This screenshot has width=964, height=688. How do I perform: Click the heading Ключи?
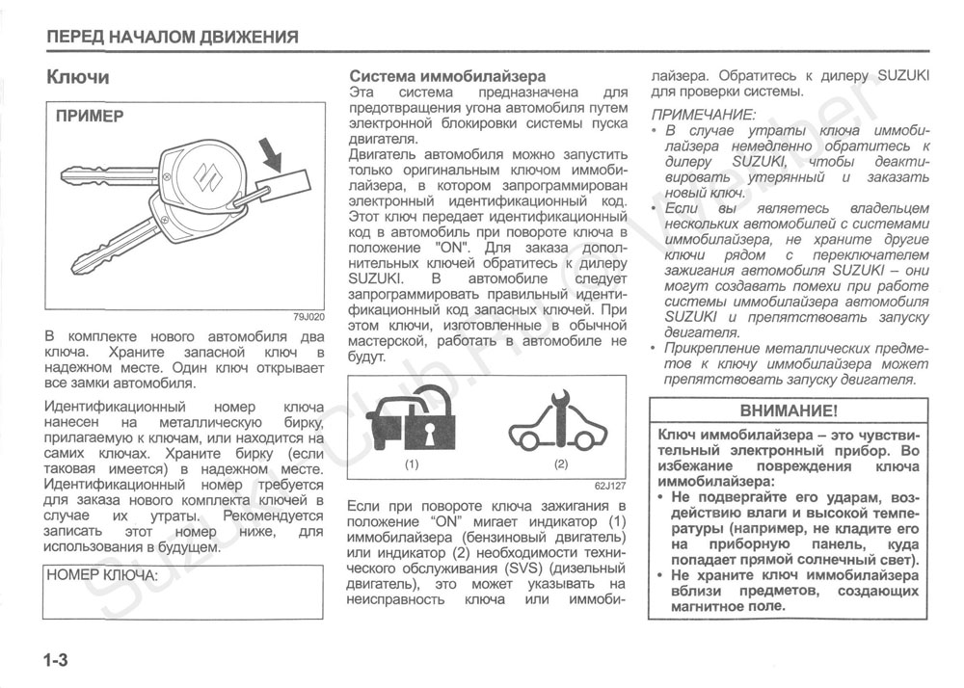point(78,77)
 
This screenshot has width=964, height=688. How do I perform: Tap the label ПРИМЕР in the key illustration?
point(89,117)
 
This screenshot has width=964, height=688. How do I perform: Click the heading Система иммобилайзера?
point(447,75)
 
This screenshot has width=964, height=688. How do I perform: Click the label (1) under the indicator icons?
point(412,464)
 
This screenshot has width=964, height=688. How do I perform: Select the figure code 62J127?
point(611,486)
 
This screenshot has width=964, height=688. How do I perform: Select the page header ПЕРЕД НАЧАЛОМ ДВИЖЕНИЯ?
point(173,38)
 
